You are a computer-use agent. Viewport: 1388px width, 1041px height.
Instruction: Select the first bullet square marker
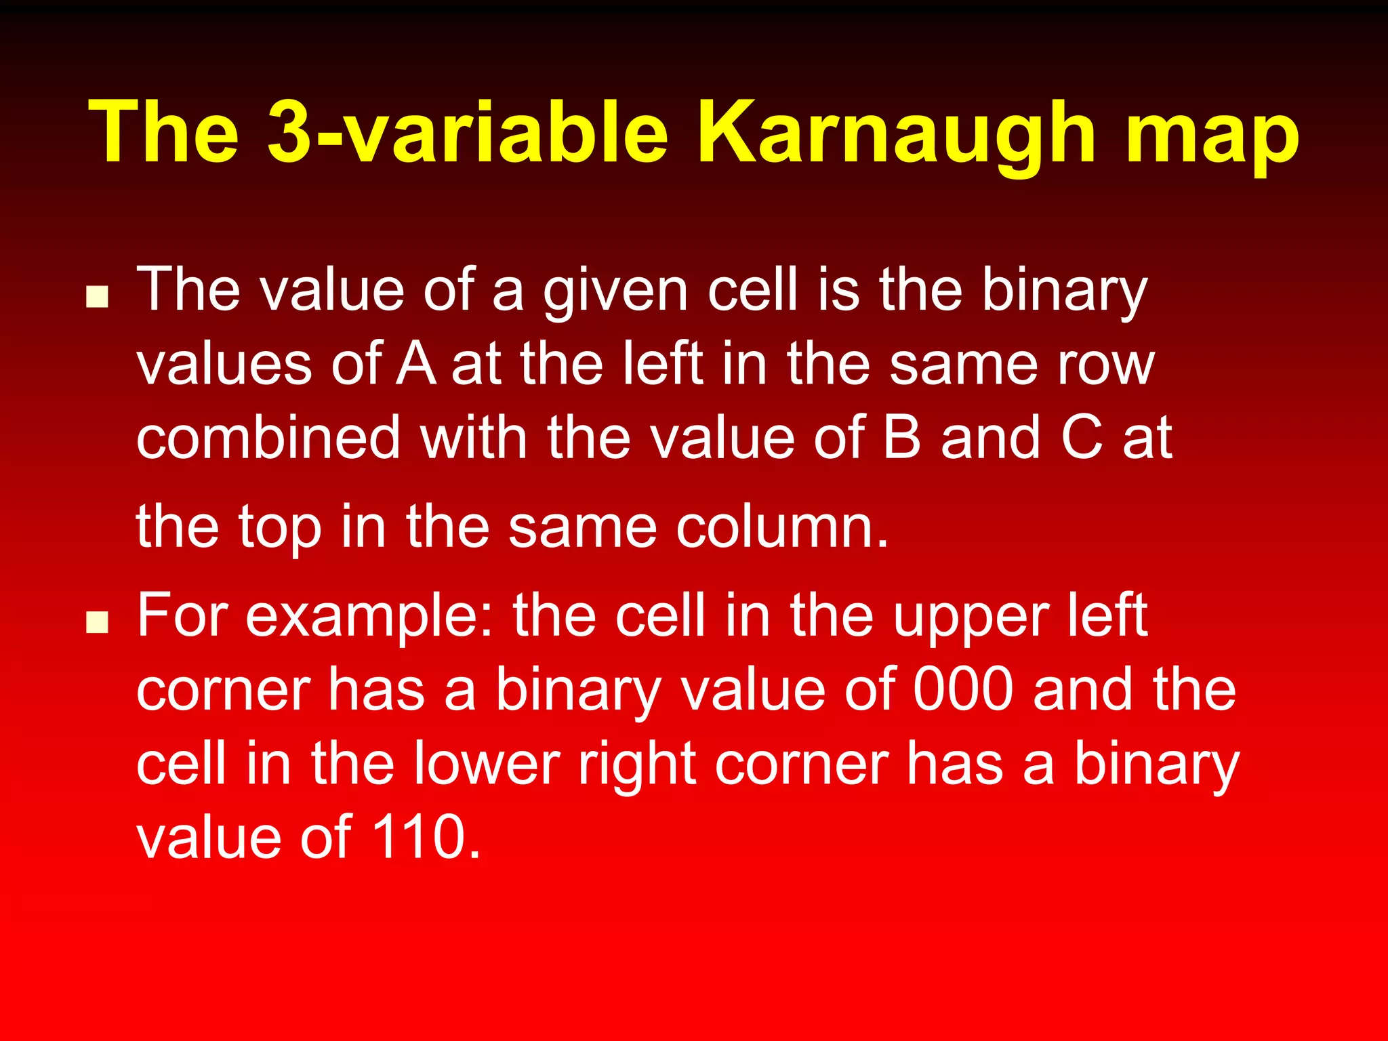98,296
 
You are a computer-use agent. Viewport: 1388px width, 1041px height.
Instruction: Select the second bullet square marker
98,621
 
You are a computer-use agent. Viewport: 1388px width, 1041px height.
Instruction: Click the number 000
963,689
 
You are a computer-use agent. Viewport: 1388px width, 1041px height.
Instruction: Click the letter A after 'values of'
415,365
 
